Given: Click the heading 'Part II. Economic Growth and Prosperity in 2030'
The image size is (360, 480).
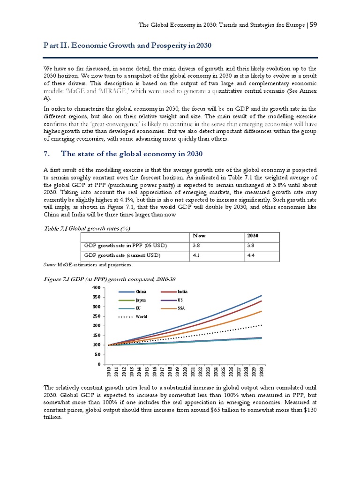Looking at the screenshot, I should click(x=127, y=45).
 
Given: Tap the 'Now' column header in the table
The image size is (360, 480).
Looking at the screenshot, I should click(x=198, y=236).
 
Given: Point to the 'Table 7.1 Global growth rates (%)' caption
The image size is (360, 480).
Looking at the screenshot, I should click(x=87, y=228).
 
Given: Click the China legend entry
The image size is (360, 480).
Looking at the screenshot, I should click(x=141, y=292).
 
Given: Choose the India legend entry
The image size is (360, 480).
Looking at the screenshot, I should click(x=183, y=292).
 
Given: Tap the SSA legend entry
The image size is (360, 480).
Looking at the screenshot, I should click(x=182, y=308).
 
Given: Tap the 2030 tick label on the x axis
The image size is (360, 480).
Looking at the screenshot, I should click(x=262, y=372).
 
